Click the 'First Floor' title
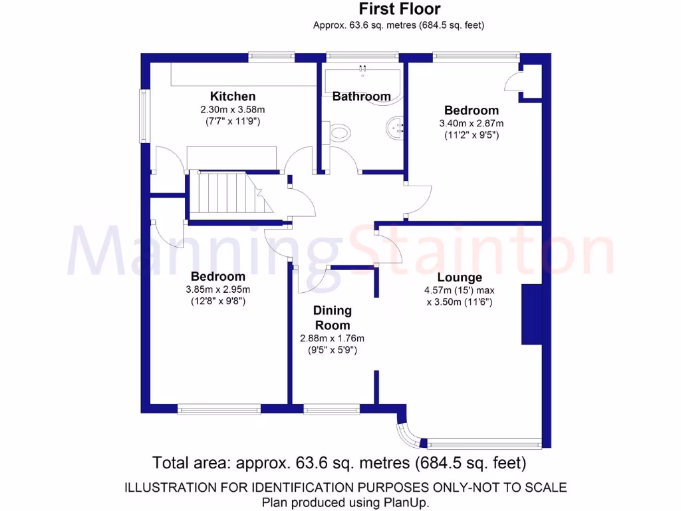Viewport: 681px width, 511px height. coord(399,9)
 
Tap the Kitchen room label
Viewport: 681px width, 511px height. coord(233,96)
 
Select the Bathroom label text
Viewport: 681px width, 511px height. coord(361,96)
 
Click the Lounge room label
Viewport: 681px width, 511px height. coord(460,277)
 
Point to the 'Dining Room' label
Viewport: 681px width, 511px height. coord(333,318)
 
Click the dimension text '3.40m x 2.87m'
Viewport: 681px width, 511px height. coord(472,123)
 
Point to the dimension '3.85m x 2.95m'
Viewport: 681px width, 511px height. coord(217,289)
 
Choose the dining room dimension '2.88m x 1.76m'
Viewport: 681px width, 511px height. coord(333,338)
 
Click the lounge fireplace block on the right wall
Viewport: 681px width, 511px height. coord(530,314)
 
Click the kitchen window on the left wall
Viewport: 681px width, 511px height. coord(143,116)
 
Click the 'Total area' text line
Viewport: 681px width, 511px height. coord(340,462)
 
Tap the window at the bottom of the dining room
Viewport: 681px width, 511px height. coord(331,409)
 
